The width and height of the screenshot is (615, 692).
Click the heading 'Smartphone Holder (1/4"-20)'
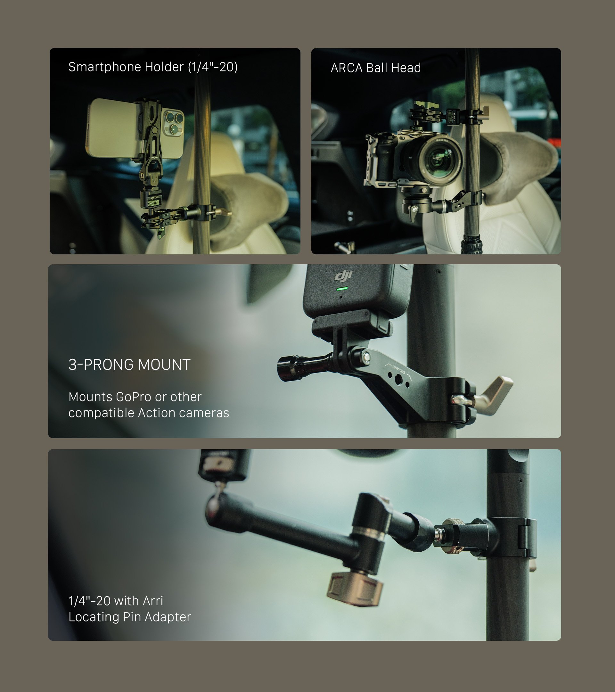153,67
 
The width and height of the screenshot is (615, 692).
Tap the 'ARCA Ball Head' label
376,68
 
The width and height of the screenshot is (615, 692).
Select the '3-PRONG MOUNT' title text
130,365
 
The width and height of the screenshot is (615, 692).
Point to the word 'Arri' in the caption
153,601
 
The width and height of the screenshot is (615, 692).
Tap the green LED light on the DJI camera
342,289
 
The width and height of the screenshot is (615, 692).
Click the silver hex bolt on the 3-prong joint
365,356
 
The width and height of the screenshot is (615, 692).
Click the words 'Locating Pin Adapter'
130,617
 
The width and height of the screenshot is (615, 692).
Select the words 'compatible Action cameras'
149,413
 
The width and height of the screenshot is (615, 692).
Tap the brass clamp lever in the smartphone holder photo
225,213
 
